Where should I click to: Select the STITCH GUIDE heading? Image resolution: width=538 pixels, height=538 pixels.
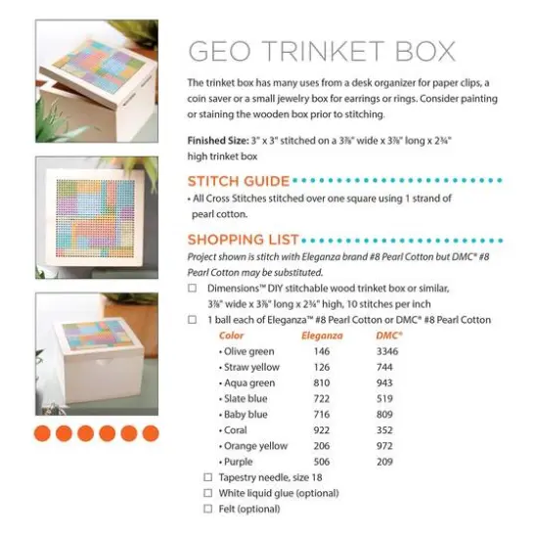click(x=239, y=181)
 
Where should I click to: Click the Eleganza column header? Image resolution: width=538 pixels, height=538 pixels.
click(x=321, y=336)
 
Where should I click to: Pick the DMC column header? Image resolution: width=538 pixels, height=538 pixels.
click(x=389, y=336)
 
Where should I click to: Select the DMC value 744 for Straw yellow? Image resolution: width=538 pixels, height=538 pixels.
click(x=384, y=367)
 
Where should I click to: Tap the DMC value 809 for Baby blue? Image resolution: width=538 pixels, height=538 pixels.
click(x=384, y=414)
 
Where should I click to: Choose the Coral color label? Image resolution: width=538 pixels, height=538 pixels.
click(x=237, y=429)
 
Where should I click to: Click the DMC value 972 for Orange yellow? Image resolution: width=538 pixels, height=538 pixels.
click(x=384, y=445)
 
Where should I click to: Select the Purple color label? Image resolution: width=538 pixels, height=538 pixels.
click(x=239, y=461)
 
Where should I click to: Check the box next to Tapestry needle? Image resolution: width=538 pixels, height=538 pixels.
click(x=207, y=477)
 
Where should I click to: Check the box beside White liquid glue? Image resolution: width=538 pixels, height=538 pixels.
click(x=207, y=493)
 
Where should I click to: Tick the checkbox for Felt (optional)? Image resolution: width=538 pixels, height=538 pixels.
click(x=207, y=509)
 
